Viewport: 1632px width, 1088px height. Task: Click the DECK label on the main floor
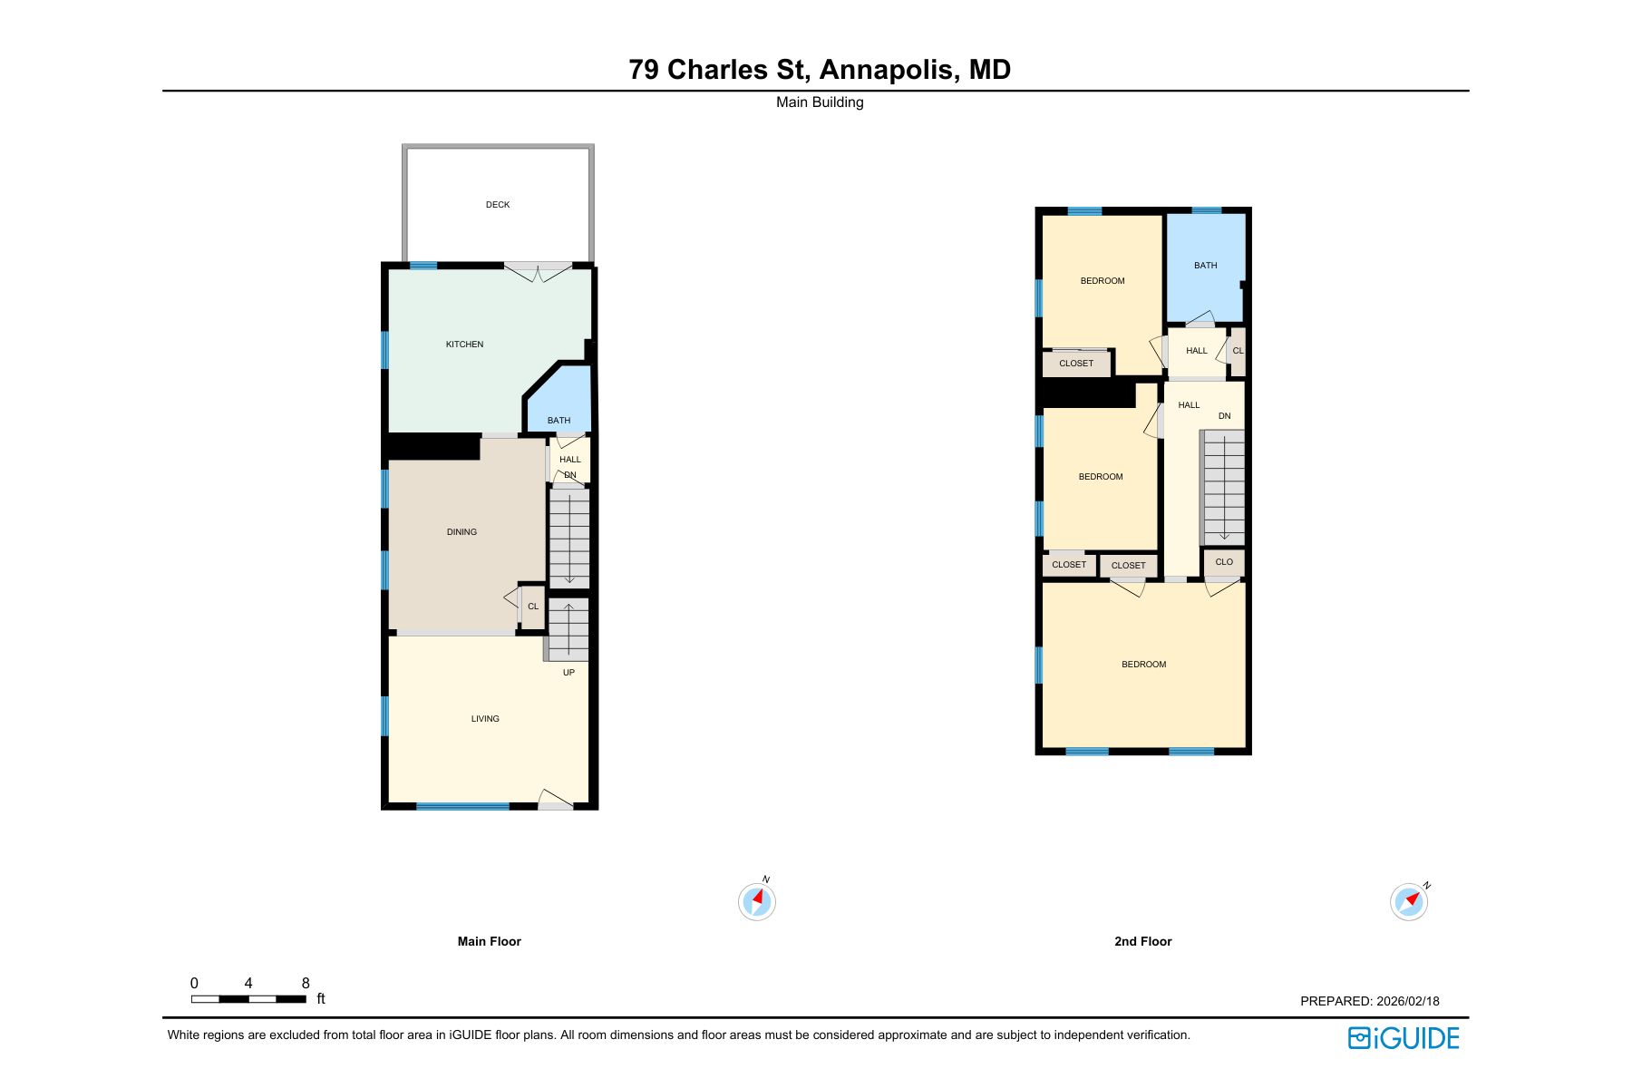point(498,205)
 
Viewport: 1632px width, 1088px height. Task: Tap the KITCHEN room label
point(464,345)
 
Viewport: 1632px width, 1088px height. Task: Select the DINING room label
point(461,532)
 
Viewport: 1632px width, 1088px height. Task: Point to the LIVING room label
point(485,719)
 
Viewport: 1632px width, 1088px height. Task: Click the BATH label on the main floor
point(559,421)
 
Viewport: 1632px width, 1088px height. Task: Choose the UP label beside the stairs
point(568,673)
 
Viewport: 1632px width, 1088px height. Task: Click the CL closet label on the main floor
point(533,607)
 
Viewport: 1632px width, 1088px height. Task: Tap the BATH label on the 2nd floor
point(1205,266)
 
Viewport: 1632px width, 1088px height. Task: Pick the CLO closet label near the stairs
point(1224,562)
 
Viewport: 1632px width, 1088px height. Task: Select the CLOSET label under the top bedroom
point(1076,364)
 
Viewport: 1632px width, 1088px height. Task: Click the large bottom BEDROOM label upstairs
point(1143,665)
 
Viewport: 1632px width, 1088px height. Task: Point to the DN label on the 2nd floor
point(1224,416)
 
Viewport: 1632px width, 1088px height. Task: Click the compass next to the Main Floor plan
point(756,901)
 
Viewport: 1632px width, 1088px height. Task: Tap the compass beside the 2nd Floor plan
point(1408,902)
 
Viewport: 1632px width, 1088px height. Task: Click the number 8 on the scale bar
point(306,984)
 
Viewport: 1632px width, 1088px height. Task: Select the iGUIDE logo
point(1404,1038)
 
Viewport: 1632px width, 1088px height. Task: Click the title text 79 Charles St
point(717,70)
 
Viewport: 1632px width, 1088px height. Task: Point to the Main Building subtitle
point(820,102)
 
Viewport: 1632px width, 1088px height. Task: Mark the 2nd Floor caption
point(1142,942)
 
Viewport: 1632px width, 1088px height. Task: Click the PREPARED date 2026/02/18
point(1407,1002)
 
